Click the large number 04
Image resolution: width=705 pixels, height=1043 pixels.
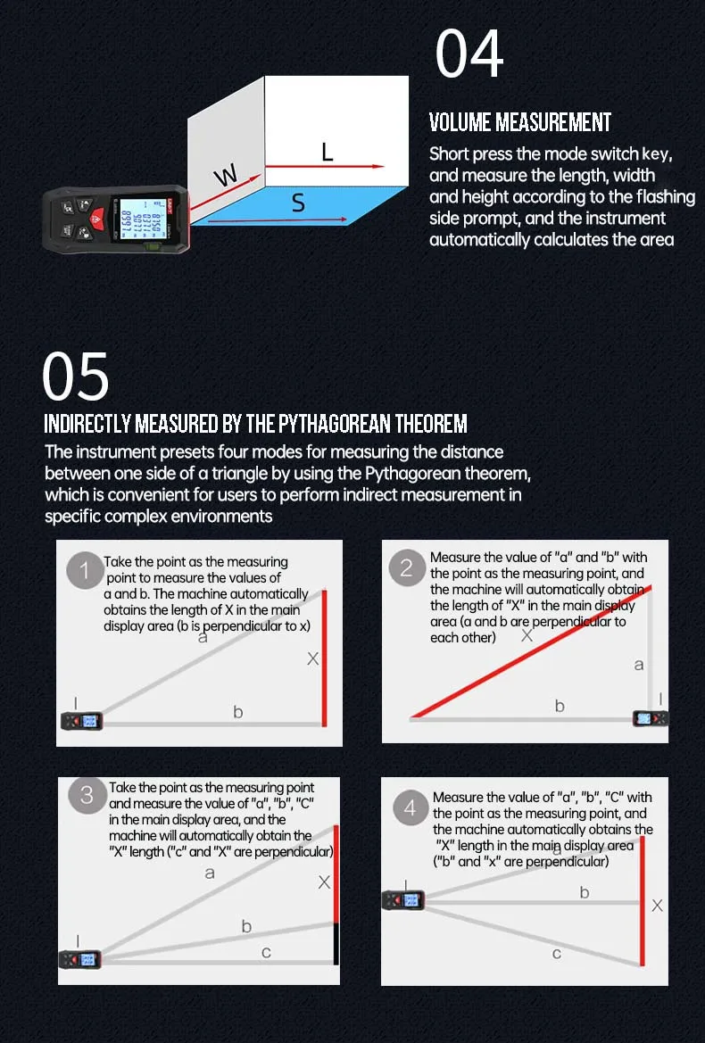tap(469, 54)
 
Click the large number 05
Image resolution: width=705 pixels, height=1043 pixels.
tap(76, 377)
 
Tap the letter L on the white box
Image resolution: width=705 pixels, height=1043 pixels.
tap(327, 152)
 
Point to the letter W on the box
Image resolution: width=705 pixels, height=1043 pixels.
tap(226, 176)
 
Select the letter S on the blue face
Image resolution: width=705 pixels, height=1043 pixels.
tap(299, 203)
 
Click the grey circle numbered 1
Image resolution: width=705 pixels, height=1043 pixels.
tap(85, 571)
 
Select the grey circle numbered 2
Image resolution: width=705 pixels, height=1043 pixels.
tap(406, 567)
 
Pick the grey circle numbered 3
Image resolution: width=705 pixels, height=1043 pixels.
tap(87, 795)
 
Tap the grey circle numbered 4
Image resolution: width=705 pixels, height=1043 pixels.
tap(411, 807)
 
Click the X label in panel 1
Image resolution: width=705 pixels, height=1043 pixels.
tap(312, 658)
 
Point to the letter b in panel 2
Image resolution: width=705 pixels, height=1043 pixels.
tap(560, 706)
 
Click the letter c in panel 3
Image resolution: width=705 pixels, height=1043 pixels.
tap(266, 953)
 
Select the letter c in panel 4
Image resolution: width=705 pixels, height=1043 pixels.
tap(557, 954)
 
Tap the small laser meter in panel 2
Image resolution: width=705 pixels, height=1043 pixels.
tap(649, 718)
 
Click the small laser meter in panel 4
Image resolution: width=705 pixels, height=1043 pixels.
tap(403, 900)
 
